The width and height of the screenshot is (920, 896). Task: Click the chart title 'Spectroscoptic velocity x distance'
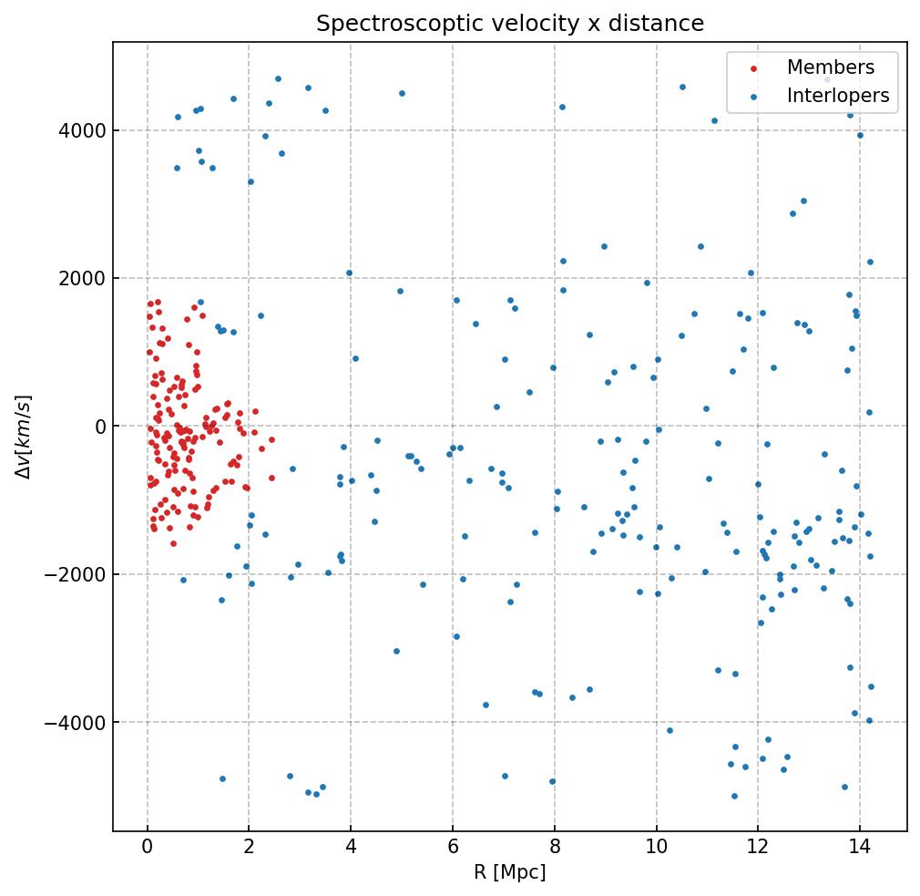(x=510, y=24)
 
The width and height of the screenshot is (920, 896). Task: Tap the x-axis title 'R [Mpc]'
(x=510, y=872)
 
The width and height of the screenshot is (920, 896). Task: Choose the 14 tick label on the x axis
(x=859, y=848)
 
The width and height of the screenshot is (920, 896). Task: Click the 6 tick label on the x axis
(x=453, y=848)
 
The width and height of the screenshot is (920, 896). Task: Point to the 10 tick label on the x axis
(x=656, y=848)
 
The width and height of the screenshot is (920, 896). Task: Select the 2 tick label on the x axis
(x=249, y=848)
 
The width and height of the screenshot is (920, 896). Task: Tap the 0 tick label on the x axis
(x=148, y=848)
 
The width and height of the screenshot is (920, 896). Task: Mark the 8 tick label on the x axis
(x=554, y=848)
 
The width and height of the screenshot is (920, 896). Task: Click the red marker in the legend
(x=752, y=68)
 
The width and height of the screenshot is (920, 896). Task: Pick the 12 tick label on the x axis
(x=758, y=848)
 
